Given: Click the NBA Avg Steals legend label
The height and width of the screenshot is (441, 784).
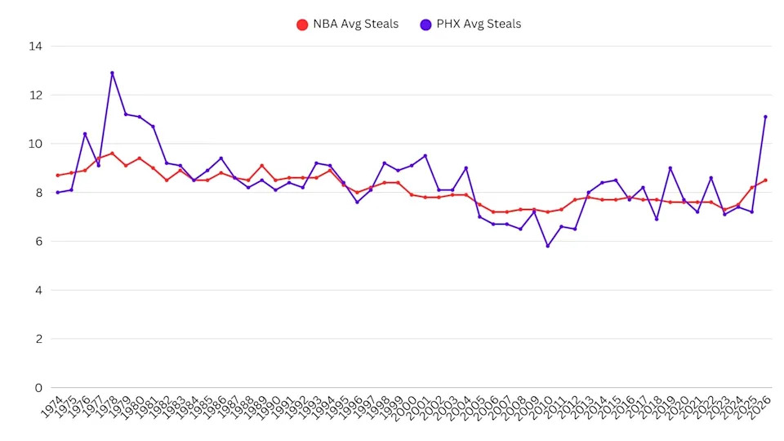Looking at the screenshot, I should coord(355,24).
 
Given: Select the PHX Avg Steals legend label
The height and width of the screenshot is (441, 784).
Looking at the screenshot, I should coord(480,24).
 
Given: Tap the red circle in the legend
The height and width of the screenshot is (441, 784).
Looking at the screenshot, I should coord(302,24).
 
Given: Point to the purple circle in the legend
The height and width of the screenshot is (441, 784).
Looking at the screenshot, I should coord(425,24).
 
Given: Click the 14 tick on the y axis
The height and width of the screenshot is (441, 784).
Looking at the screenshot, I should coord(35,47).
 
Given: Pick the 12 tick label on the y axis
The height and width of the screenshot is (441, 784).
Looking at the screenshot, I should coord(35,95).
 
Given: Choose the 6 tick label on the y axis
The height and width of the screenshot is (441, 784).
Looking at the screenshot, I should coord(38,241).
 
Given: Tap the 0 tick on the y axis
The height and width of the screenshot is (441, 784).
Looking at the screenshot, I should coord(38,387).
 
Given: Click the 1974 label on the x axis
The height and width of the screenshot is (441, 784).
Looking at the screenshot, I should coord(51,407).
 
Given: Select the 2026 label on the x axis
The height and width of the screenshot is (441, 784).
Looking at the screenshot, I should coord(759,407).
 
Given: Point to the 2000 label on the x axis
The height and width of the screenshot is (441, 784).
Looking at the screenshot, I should coord(406,407).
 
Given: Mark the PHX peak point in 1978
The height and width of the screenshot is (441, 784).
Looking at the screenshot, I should coord(112,73).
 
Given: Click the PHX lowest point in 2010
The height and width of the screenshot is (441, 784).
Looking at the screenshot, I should coord(548,246).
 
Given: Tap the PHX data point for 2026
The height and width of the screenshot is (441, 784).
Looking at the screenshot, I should coord(765,117).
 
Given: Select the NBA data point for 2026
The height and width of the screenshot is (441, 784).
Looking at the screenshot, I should coord(765,180).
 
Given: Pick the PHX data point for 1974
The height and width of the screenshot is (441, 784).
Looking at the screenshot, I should coord(57,193).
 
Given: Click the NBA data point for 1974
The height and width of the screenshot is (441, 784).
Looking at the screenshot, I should coord(57,176).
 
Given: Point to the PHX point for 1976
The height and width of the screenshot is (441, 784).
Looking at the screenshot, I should coord(85,134).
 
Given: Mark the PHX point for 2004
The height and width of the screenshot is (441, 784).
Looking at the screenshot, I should coord(465,168).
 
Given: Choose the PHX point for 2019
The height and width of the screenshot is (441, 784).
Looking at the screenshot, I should coord(670,168).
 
